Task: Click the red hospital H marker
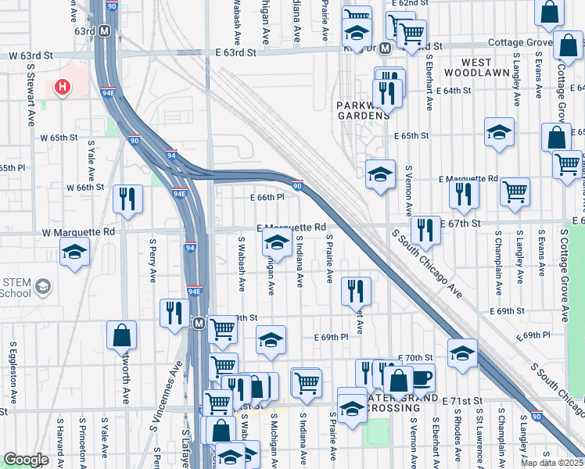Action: [62, 86]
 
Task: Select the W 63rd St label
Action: [31, 56]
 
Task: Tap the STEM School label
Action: [16, 288]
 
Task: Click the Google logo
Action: [26, 460]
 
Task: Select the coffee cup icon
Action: [421, 378]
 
